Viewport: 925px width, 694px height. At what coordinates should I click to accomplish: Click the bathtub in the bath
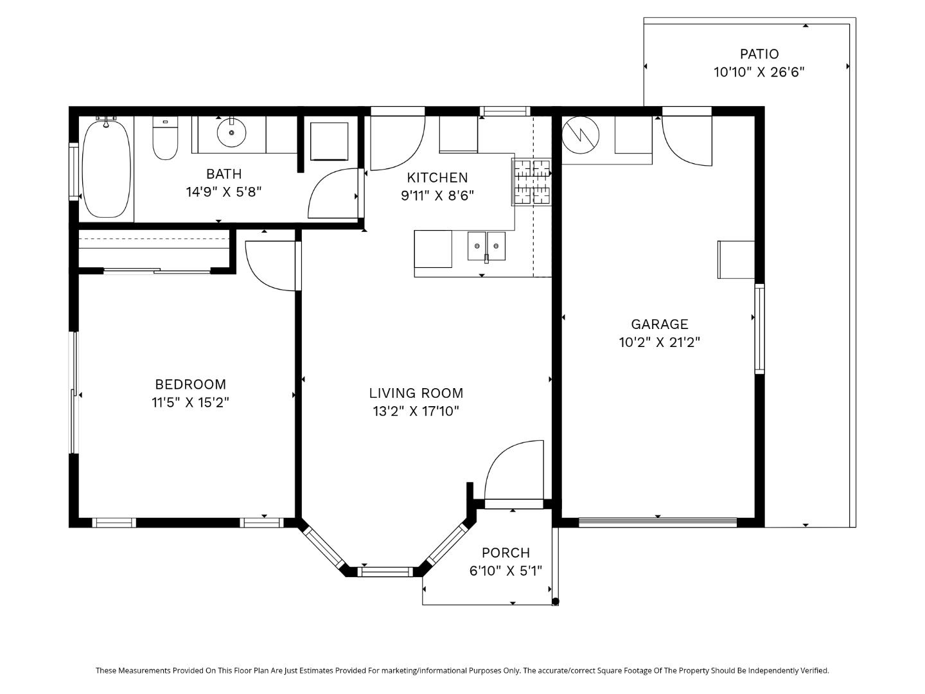[x=106, y=169]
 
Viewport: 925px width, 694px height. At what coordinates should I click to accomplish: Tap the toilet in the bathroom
[x=165, y=138]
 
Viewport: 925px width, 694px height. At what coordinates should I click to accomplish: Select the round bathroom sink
[x=231, y=132]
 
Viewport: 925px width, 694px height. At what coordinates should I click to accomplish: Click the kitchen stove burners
[x=531, y=182]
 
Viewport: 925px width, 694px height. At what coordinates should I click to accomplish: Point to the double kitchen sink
[x=486, y=245]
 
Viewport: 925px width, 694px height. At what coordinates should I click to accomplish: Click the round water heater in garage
[x=581, y=135]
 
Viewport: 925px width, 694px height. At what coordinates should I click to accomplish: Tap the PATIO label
[x=759, y=54]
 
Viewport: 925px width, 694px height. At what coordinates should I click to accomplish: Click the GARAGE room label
[x=660, y=324]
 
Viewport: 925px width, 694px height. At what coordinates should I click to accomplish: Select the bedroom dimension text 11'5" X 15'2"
[x=191, y=402]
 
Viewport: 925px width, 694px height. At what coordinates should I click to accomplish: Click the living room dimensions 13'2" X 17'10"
[x=416, y=411]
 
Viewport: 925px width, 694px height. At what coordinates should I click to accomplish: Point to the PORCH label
[x=506, y=553]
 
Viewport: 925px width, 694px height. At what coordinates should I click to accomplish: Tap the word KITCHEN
[x=437, y=178]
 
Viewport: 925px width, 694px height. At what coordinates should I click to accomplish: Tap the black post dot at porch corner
[x=556, y=601]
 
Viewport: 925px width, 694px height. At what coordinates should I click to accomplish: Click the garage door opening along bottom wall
[x=658, y=522]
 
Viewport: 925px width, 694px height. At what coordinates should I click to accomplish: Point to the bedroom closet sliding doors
[x=157, y=271]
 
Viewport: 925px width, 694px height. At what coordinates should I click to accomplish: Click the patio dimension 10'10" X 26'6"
[x=759, y=72]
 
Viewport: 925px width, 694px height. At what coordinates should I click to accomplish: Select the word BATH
[x=224, y=173]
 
